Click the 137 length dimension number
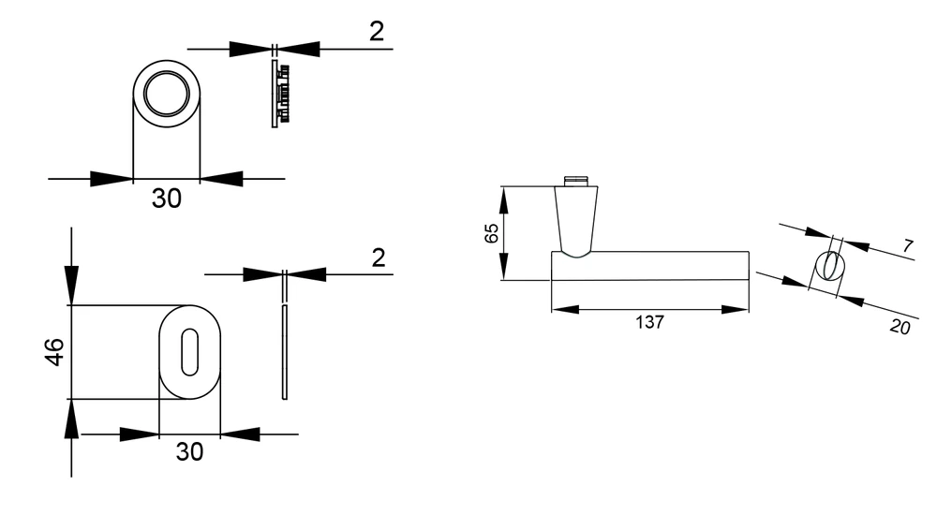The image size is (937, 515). [649, 323]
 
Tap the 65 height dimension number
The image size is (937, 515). [491, 233]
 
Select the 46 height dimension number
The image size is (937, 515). [54, 351]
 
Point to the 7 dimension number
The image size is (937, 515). [908, 245]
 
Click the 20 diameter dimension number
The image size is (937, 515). [900, 327]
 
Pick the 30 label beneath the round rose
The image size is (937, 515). [166, 199]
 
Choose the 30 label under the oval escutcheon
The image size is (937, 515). [189, 451]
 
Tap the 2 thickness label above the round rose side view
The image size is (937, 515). [377, 31]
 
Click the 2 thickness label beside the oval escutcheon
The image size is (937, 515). [379, 257]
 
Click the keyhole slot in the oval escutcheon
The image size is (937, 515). [189, 352]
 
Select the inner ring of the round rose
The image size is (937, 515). [166, 94]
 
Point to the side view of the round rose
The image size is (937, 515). [279, 94]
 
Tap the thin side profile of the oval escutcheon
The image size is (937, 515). [285, 352]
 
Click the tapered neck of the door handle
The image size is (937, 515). [576, 222]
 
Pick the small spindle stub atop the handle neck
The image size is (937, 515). [576, 181]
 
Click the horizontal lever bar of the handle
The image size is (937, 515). [649, 266]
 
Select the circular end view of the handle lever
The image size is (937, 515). [830, 267]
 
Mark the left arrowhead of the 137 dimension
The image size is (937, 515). [565, 310]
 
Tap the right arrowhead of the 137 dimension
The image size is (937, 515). [735, 310]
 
